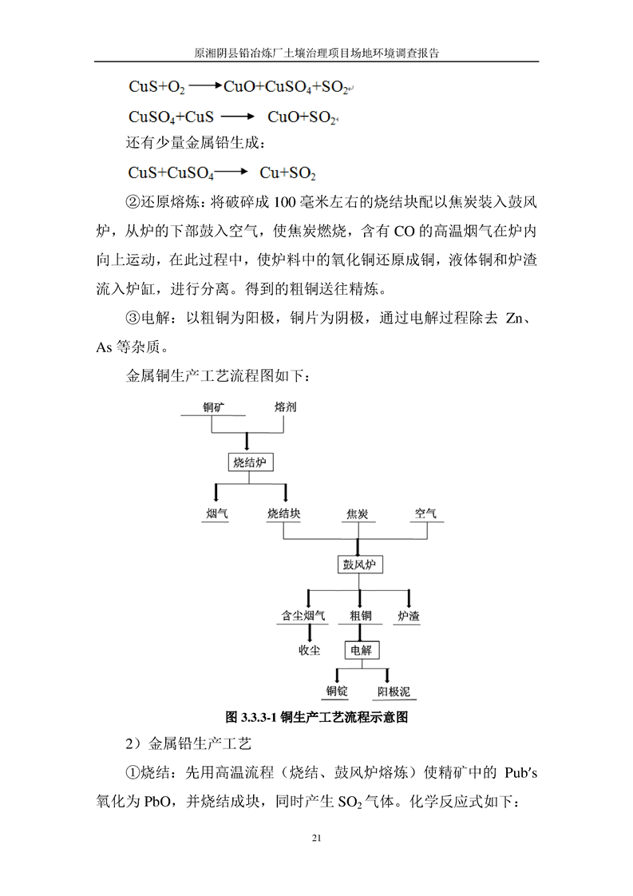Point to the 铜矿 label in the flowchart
coord(213,407)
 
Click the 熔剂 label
coord(285,407)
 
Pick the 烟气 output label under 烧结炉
coord(216,513)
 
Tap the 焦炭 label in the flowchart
coord(357,513)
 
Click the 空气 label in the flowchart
coord(425,513)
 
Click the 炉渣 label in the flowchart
coord(409,616)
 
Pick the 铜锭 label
coord(337,692)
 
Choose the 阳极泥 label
coord(394,692)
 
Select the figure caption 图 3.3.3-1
coord(318,717)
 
